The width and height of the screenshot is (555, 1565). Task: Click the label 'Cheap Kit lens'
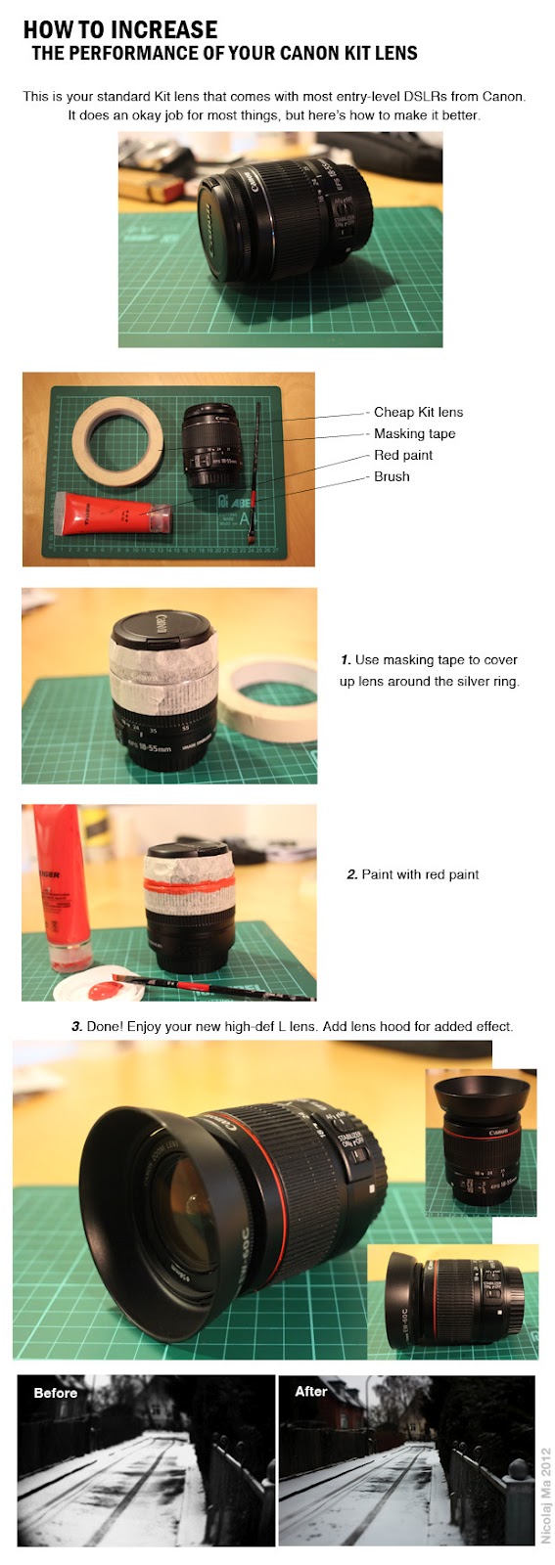click(418, 412)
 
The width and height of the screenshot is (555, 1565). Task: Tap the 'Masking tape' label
click(414, 434)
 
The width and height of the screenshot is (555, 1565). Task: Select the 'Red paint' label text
click(403, 456)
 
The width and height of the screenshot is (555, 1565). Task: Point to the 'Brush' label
click(392, 476)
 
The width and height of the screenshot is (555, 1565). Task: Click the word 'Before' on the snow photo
click(55, 1393)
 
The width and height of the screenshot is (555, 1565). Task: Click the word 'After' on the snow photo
click(311, 1391)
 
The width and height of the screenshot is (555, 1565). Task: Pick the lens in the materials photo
click(210, 446)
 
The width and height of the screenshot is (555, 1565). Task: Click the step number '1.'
click(346, 660)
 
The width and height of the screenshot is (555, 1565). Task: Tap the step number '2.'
click(352, 874)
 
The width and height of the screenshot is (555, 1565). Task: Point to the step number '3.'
click(77, 1027)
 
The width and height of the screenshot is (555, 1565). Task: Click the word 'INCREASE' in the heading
click(164, 30)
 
